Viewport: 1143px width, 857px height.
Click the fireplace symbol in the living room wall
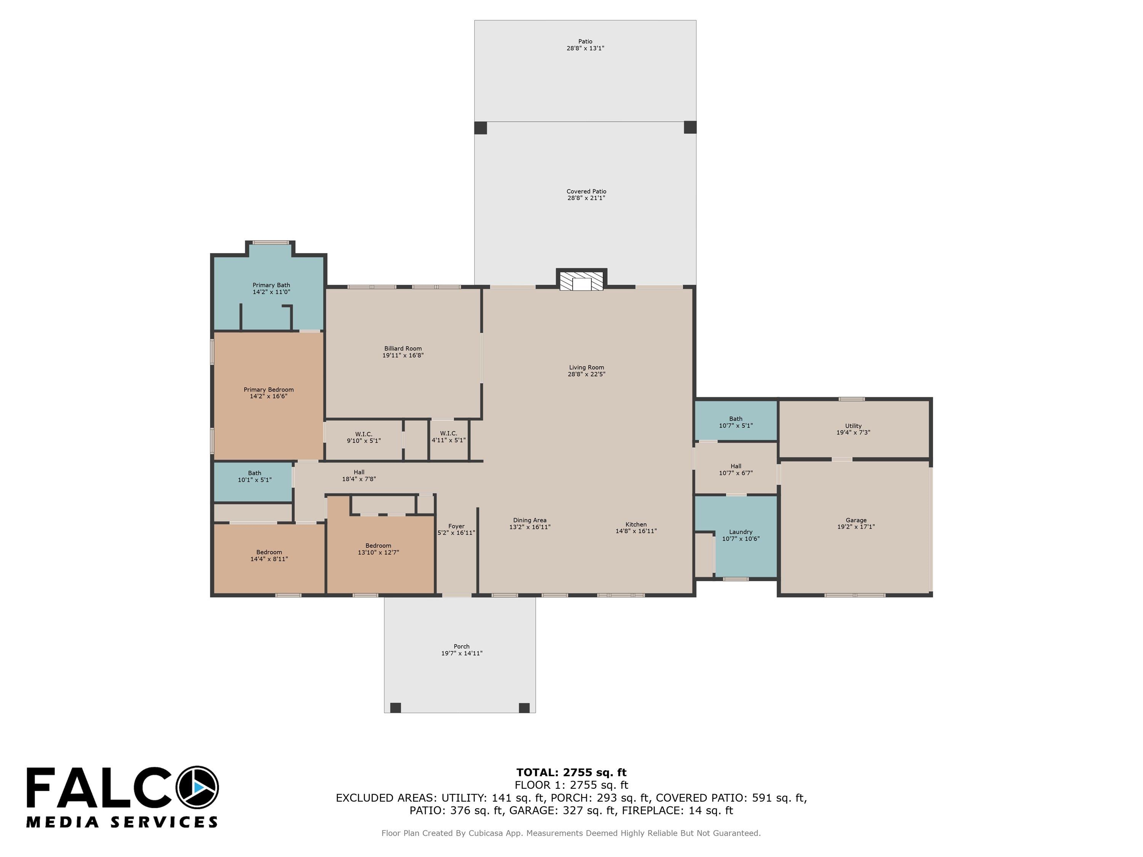581,280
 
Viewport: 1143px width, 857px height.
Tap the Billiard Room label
403,349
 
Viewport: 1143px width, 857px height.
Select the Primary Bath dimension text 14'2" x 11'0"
271,292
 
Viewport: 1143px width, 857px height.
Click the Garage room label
856,520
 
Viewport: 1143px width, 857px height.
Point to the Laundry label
740,532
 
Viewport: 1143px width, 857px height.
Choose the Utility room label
853,426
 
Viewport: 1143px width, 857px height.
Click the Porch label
461,646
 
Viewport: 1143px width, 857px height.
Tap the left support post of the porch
395,708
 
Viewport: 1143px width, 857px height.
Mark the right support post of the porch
524,708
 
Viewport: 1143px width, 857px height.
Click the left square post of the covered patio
480,128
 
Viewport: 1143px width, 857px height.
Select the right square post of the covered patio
690,127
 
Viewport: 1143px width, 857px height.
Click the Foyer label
456,526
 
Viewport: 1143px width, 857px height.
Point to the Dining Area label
530,520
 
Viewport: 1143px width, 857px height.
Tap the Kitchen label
636,524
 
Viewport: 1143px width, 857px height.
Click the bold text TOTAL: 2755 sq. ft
571,772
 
